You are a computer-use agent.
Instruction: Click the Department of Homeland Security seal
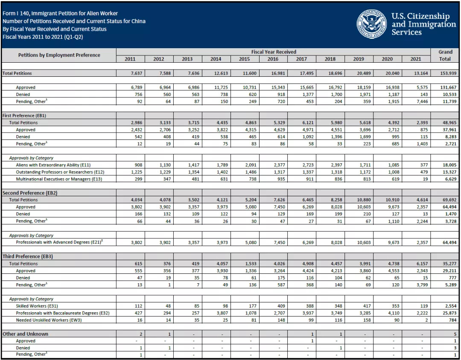(x=372, y=24)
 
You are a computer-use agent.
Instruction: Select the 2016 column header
(x=273, y=59)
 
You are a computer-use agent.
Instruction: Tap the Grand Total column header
(x=445, y=55)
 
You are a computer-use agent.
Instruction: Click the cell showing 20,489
(x=364, y=73)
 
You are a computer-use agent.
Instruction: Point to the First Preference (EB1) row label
(x=24, y=116)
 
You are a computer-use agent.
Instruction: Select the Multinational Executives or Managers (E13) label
(x=59, y=179)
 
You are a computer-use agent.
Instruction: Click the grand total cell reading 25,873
(x=449, y=313)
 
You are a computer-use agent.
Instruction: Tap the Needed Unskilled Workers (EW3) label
(x=49, y=320)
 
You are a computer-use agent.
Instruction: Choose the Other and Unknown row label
(x=25, y=334)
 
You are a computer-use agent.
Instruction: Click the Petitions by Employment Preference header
(x=59, y=55)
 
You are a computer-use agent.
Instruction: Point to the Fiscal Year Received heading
(x=274, y=52)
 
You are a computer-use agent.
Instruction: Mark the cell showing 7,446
(x=421, y=102)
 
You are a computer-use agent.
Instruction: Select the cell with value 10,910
(x=392, y=200)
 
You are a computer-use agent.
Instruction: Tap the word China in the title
(x=138, y=21)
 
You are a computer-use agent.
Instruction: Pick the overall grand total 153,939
(x=448, y=73)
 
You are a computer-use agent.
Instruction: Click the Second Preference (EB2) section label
(x=30, y=193)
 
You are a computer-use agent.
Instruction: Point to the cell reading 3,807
(x=222, y=313)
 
